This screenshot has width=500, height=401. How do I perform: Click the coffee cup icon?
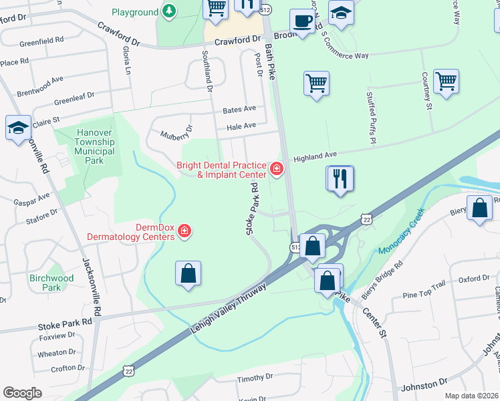click(303, 21)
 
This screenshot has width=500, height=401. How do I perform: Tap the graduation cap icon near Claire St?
click(18, 128)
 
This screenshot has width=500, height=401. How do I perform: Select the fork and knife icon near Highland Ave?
click(340, 178)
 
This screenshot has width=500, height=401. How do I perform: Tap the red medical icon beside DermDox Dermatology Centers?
click(184, 232)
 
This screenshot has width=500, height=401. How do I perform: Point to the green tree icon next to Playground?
click(170, 12)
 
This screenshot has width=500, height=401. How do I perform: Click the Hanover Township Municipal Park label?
click(94, 146)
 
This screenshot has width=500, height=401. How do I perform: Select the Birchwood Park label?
click(51, 283)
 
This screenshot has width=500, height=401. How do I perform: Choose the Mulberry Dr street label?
click(176, 132)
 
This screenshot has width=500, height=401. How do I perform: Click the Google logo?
click(22, 393)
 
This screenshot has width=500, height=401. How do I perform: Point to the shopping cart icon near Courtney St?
click(445, 82)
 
